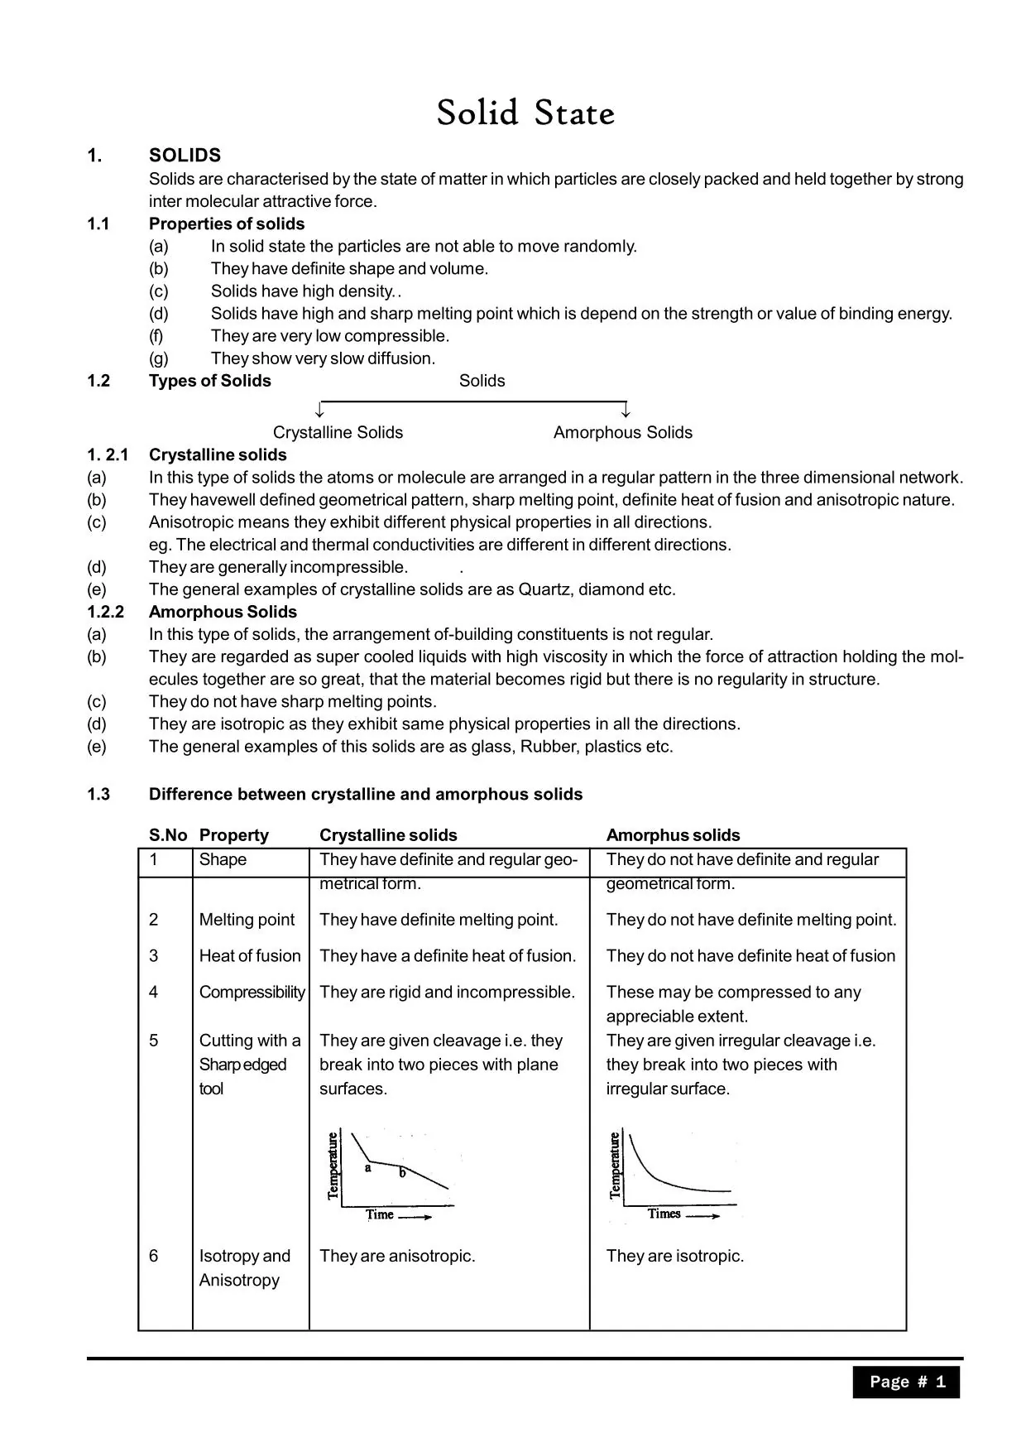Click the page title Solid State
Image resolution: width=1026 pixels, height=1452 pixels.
(525, 113)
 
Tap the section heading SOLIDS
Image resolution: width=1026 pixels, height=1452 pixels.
(185, 156)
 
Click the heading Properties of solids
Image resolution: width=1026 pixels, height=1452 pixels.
(226, 224)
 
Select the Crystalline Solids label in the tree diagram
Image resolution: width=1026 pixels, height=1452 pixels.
(338, 432)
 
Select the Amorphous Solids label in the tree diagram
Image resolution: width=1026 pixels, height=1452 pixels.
(622, 432)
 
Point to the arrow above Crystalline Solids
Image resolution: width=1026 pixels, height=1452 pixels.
(320, 410)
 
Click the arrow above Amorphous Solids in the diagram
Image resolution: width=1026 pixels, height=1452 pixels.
(626, 410)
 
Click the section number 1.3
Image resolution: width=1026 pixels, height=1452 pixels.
(98, 794)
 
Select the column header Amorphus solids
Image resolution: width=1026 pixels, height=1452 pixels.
(673, 835)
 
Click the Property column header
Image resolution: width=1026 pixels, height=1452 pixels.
(233, 835)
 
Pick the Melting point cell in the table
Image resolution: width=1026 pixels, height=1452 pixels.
(247, 920)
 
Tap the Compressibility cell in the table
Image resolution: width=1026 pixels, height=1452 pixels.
(252, 992)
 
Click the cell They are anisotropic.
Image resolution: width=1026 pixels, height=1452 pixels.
(397, 1256)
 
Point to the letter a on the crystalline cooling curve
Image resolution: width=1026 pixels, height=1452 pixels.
(368, 1168)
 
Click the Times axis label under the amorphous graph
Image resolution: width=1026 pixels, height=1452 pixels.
(664, 1214)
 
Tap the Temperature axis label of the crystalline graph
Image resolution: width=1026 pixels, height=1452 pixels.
(333, 1166)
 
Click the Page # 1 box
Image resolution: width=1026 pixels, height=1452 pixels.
(906, 1382)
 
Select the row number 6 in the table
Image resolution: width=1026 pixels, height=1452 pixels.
(154, 1256)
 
